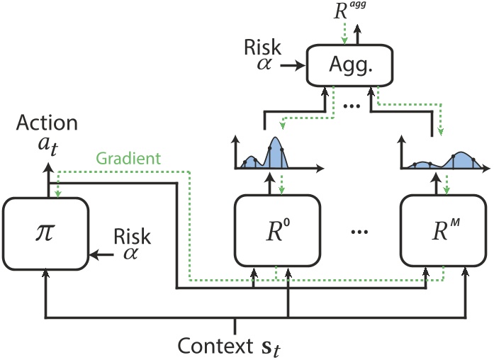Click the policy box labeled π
[x=45, y=232]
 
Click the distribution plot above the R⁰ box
[x=273, y=157]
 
